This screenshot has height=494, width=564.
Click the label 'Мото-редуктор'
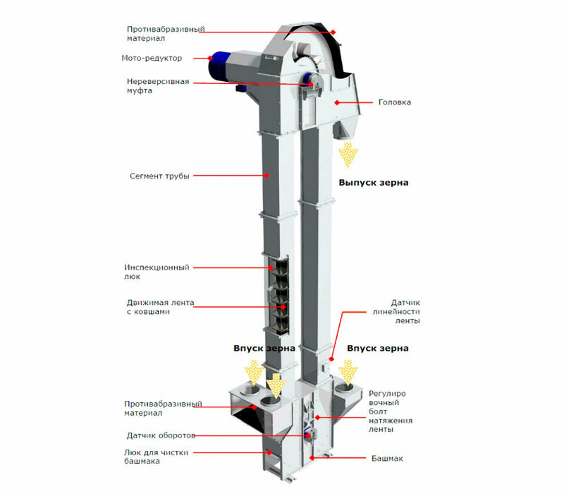pos(151,57)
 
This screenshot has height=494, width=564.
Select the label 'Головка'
pos(395,102)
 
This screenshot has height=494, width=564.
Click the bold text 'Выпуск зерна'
pos(373,182)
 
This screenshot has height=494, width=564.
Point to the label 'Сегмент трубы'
pos(159,175)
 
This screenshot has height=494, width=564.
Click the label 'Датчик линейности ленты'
pos(396,311)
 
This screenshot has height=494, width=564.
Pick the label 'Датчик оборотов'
pos(161,435)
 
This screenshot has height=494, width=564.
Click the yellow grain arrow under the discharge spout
pos(348,154)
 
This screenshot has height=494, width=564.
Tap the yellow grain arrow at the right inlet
pos(347,371)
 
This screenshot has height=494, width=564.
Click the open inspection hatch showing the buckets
pos(279,297)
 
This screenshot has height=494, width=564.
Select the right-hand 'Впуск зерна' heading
pos(377,349)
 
